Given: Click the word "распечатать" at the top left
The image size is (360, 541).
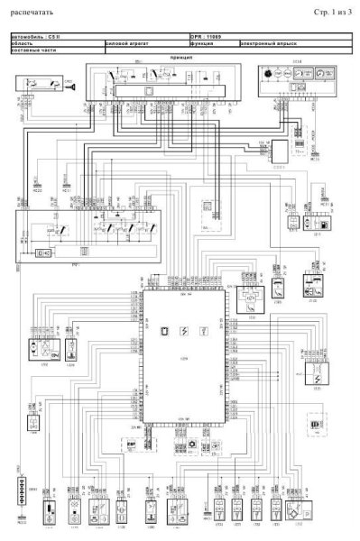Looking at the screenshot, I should coord(32,14).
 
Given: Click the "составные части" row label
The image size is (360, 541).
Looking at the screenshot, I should coord(32,49).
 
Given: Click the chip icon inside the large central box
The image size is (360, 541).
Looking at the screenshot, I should coord(163,331).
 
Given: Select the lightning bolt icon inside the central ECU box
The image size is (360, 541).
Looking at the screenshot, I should coord(184,331).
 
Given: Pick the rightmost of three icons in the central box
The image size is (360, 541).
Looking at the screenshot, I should coord(206,331).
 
